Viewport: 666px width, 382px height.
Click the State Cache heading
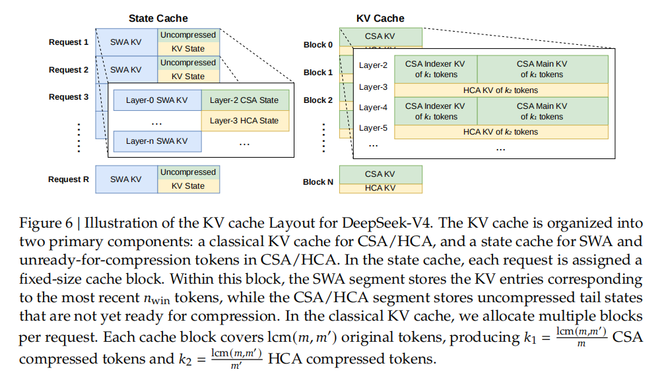coord(158,18)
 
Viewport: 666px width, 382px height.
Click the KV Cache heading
coord(380,18)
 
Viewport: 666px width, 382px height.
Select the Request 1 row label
coord(69,42)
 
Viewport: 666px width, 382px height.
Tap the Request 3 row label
coord(69,97)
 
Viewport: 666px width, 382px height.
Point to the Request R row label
coord(69,179)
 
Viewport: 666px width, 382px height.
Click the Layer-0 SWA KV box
coord(156,100)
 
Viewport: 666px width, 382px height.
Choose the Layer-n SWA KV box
coord(156,141)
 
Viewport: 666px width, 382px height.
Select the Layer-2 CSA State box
coord(245,100)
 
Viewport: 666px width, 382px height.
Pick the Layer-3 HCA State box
coord(245,121)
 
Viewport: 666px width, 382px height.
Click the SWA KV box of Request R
coord(126,179)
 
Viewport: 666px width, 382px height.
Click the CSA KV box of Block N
coord(380,174)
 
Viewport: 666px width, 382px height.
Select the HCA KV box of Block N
coord(380,188)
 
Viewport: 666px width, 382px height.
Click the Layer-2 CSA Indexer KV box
coord(435,69)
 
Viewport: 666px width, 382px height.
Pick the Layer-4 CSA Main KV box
coord(542,111)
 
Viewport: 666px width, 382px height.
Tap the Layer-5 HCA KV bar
coord(500,132)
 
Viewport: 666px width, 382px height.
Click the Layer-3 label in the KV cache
coord(373,87)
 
